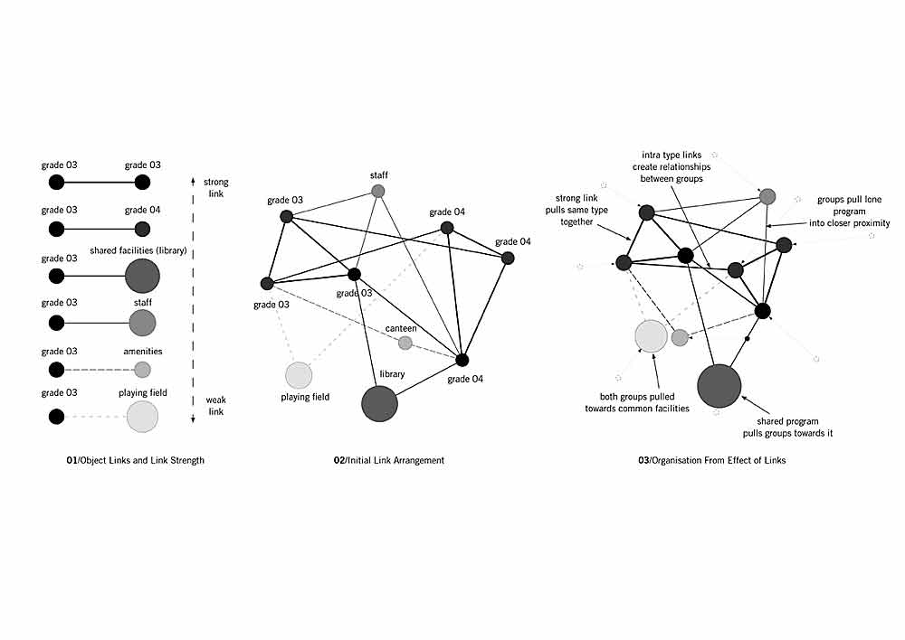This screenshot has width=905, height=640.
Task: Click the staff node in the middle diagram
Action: coord(378,192)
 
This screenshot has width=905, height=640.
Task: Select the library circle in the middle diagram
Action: coord(379,403)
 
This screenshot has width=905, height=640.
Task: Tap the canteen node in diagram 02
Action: coord(405,343)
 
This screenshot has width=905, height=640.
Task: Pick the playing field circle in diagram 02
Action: coord(299,375)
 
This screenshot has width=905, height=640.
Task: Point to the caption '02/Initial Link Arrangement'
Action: coord(389,460)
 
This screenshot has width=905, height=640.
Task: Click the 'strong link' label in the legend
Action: coord(215,188)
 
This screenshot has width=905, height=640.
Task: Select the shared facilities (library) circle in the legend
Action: coord(142,276)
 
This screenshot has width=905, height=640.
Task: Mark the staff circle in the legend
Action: coord(142,322)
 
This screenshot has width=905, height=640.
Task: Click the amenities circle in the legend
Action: coord(142,369)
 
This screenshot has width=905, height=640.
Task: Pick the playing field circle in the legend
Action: coord(142,417)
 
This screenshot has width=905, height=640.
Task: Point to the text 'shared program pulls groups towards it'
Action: coord(787,428)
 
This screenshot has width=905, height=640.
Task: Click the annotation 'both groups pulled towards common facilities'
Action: coord(645,402)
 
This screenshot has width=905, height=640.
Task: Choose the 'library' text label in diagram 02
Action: coord(392,373)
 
